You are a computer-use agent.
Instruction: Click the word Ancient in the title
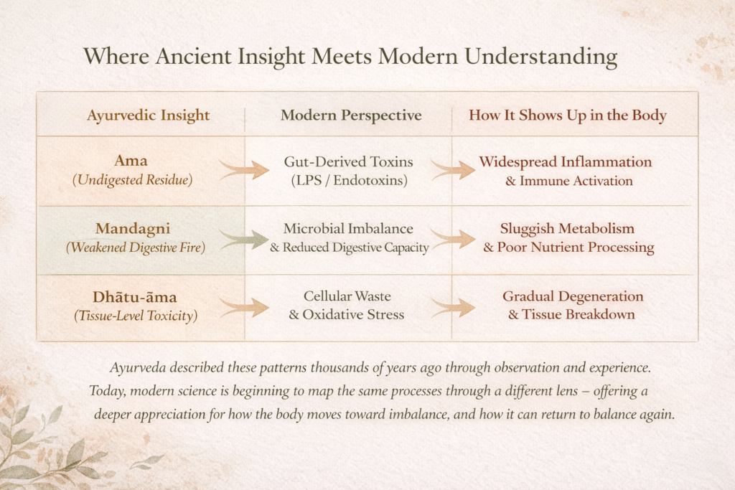(x=193, y=56)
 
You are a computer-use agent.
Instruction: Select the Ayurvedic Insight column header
(x=148, y=116)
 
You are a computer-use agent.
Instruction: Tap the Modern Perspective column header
(x=351, y=116)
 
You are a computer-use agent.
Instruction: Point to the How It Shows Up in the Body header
(x=568, y=116)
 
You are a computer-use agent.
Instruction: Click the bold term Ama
(x=131, y=161)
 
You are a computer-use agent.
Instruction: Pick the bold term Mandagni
(x=133, y=229)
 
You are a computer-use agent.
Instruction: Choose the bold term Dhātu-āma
(x=134, y=297)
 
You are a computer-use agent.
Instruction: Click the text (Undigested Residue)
(x=133, y=180)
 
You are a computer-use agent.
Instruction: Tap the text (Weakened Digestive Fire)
(x=136, y=248)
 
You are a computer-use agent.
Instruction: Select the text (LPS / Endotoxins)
(x=350, y=180)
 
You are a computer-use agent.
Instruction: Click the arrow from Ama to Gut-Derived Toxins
(x=244, y=169)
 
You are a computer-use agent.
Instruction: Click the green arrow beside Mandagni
(x=243, y=239)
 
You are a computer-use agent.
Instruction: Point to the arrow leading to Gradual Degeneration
(x=454, y=308)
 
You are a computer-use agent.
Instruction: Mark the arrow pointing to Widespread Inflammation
(x=454, y=169)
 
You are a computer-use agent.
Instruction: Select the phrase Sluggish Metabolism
(x=567, y=229)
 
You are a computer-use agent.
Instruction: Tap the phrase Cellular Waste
(x=347, y=296)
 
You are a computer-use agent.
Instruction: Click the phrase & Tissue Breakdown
(x=571, y=314)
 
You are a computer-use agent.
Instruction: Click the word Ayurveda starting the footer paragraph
(x=138, y=368)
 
